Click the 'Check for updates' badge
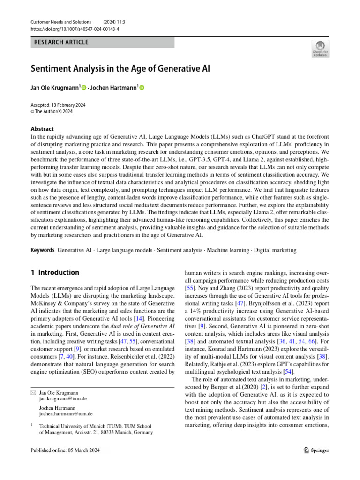[x=321, y=49]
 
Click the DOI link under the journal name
[x=75, y=29]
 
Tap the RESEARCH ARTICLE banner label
[x=62, y=42]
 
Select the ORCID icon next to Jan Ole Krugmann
[x=84, y=87]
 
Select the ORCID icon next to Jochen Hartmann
[x=142, y=87]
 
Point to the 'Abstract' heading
[x=42, y=129]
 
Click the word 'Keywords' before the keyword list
[x=43, y=250]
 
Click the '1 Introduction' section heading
[x=55, y=272]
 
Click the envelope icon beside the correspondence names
[x=33, y=392]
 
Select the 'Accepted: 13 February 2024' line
[x=61, y=105]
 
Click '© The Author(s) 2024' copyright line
[x=52, y=112]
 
